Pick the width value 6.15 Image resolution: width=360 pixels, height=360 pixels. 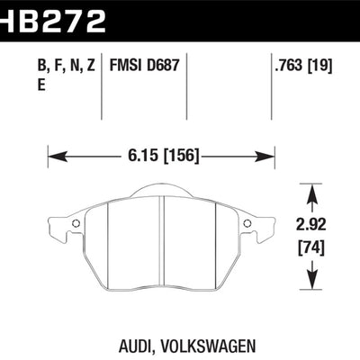[x=135, y=154]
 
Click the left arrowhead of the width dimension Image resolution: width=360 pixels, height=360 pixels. [x=51, y=154]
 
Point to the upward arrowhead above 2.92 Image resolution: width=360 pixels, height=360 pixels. [x=312, y=191]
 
